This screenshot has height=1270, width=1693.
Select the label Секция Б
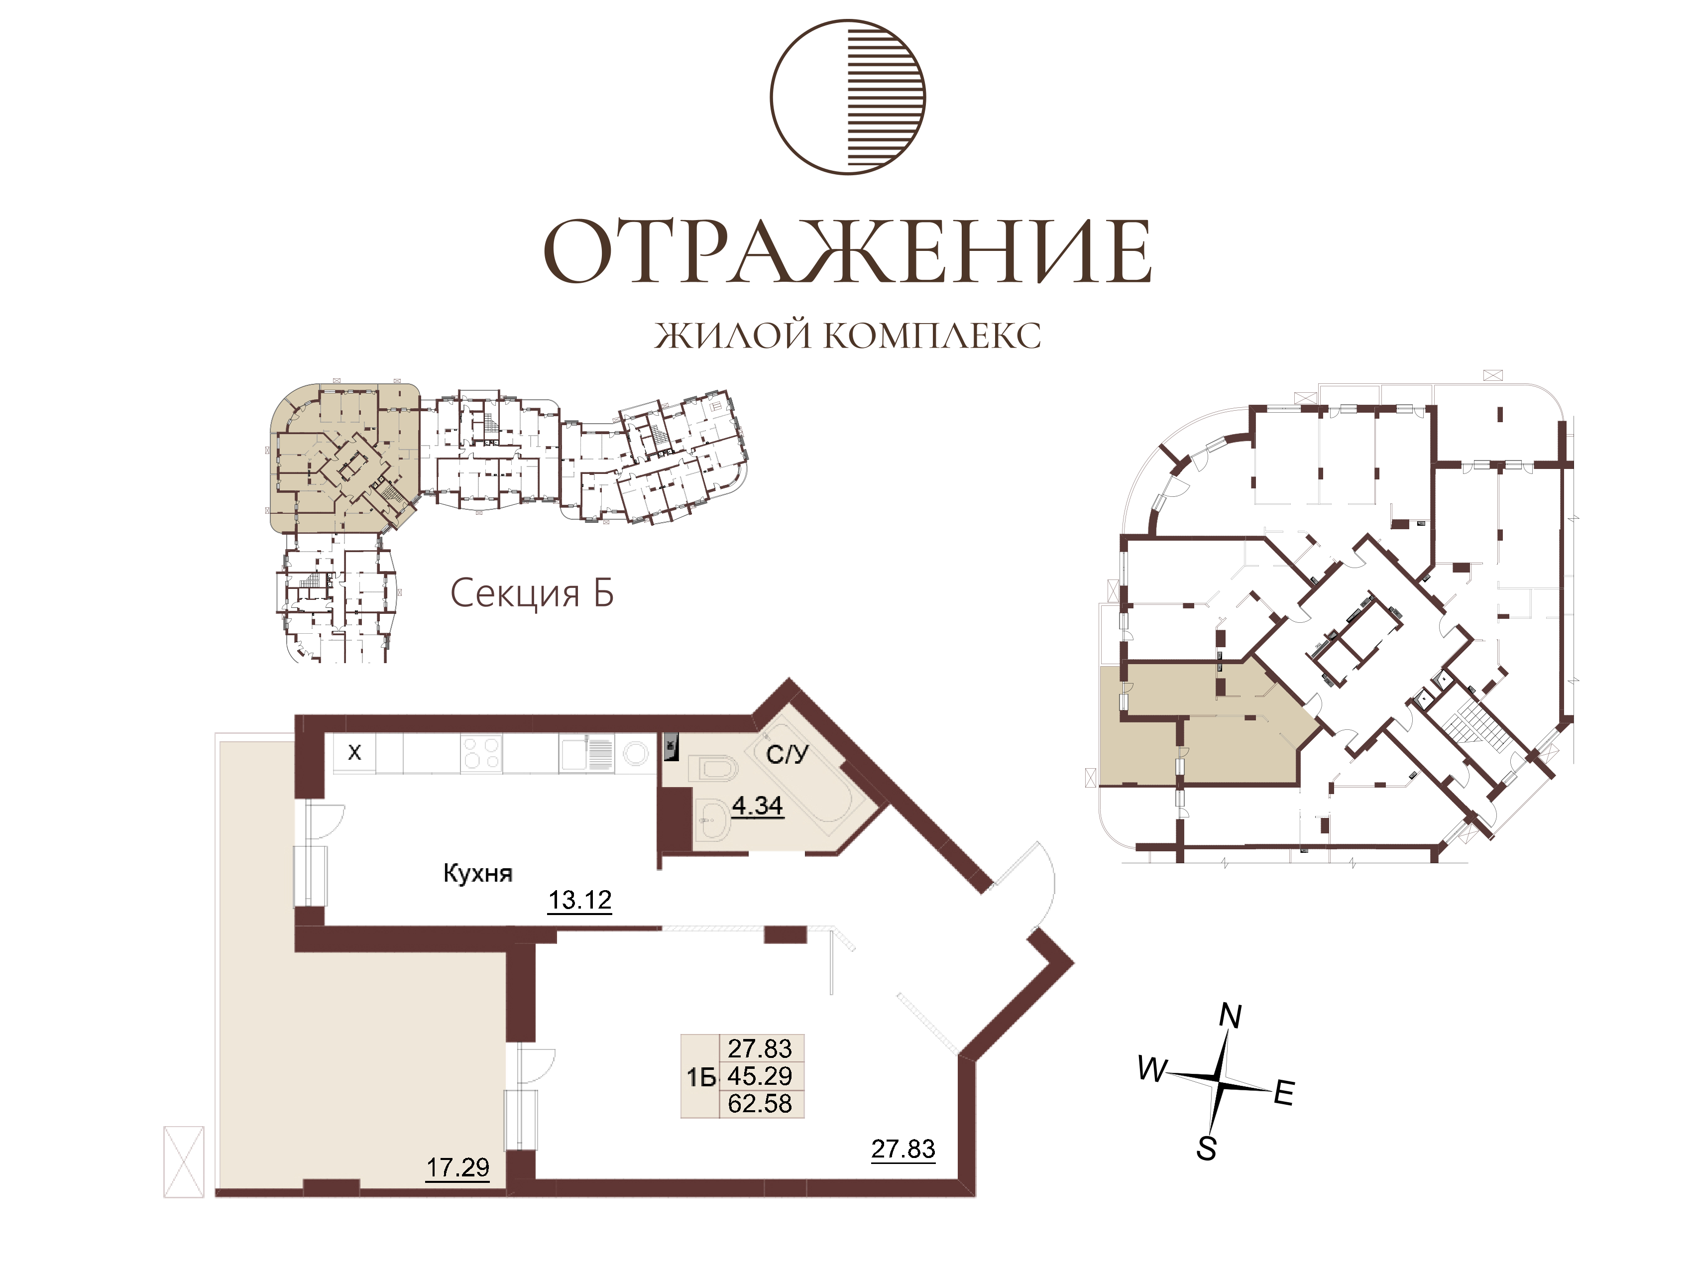pos(532,592)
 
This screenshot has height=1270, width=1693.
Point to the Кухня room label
pos(477,873)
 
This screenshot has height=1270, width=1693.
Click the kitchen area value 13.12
pos(580,900)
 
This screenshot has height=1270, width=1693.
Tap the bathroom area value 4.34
pos(757,806)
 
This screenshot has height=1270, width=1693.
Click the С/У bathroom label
pos(787,755)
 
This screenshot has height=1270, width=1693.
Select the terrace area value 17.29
pos(457,1167)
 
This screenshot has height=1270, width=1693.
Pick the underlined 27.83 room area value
pos(903,1149)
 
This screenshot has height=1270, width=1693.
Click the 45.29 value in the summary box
pos(760,1076)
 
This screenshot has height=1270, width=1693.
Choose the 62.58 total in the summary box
pos(760,1104)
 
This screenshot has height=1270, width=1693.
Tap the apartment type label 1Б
pos(701,1078)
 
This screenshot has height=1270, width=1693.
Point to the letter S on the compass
pos(1207,1149)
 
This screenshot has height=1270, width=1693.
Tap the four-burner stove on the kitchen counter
pos(481,753)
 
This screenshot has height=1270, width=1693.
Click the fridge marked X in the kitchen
pos(354,753)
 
